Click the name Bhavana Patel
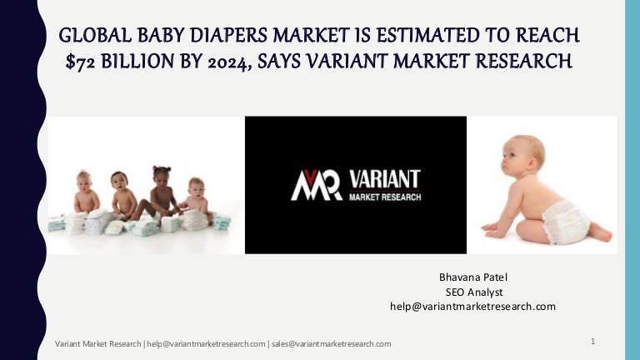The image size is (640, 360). [x=472, y=276]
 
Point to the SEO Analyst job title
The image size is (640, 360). [x=472, y=291]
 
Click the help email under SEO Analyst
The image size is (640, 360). [x=472, y=307]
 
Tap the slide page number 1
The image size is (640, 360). [x=592, y=342]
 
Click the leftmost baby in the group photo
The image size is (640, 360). [x=85, y=193]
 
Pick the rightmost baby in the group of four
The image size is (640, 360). [x=197, y=196]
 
